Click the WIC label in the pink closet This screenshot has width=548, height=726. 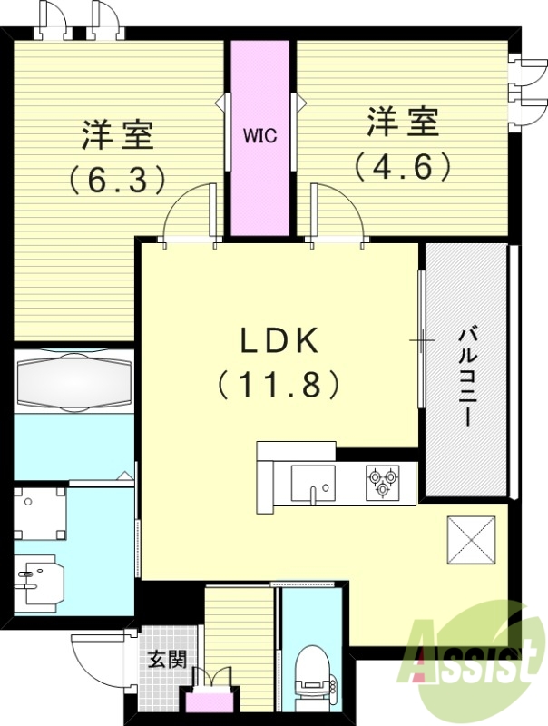coord(259,136)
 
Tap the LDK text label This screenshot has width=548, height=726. coord(279,341)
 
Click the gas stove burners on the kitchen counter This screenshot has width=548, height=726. coord(382,480)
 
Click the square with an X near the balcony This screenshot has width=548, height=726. coord(471,540)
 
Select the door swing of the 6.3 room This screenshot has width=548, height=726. coord(190,213)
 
